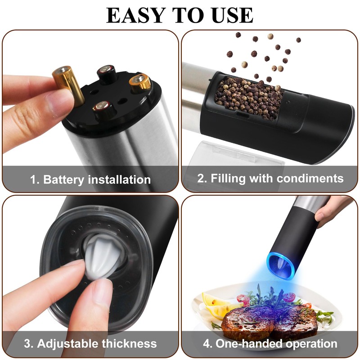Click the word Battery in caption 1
pyautogui.click(x=64, y=180)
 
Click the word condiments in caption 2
pyautogui.click(x=310, y=178)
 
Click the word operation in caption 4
pyautogui.click(x=311, y=344)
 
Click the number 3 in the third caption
pyautogui.click(x=28, y=344)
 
